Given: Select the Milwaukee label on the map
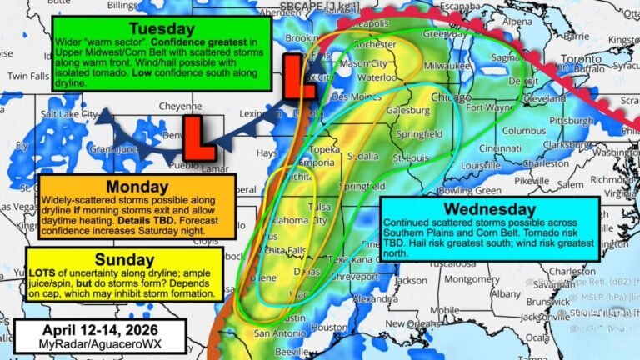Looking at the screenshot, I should click(444, 63).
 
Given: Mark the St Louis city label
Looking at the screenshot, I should click(410, 157).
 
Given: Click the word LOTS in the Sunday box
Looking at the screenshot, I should click(43, 273).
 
